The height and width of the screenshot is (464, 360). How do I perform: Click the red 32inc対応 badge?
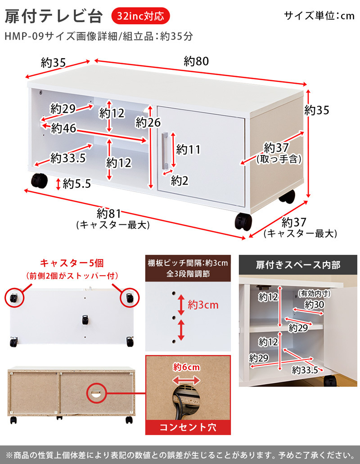click(140, 16)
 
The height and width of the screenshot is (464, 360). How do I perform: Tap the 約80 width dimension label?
click(196, 62)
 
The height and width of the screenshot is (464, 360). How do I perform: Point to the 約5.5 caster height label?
click(77, 183)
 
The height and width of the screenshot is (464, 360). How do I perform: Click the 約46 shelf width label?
click(63, 128)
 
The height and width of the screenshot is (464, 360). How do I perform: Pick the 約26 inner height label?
click(148, 122)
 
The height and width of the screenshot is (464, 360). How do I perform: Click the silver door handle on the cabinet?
click(165, 149)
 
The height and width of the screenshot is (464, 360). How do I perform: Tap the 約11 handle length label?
click(188, 149)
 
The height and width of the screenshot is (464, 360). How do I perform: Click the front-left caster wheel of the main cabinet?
click(39, 181)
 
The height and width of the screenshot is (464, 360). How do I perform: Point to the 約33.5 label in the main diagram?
click(68, 158)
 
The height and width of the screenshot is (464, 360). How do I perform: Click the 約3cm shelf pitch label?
click(203, 305)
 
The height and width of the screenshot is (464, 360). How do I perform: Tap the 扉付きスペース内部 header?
click(298, 265)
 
